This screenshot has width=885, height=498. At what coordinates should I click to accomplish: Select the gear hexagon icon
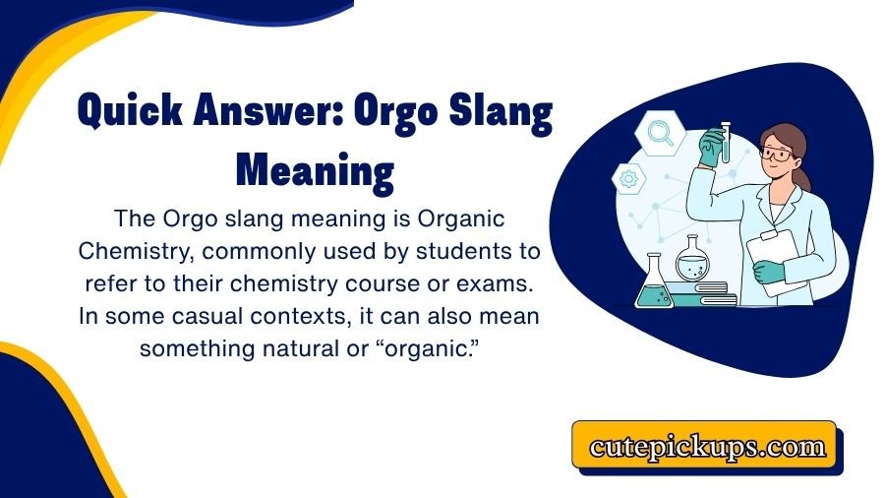pyautogui.click(x=629, y=179)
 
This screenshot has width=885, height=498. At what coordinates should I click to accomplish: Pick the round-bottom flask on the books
pyautogui.click(x=691, y=258)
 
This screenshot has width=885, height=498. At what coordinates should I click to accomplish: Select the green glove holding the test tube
pyautogui.click(x=711, y=152)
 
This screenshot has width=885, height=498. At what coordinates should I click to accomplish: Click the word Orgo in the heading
pyautogui.click(x=407, y=118)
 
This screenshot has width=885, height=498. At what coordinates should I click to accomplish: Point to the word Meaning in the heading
pyautogui.click(x=315, y=170)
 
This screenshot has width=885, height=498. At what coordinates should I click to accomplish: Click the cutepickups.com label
pyautogui.click(x=707, y=447)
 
